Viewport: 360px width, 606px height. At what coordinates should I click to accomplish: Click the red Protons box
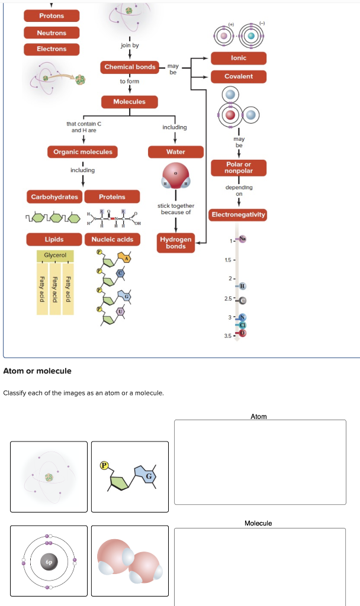pyautogui.click(x=52, y=16)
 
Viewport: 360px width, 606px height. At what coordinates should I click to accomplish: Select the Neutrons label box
pyautogui.click(x=52, y=33)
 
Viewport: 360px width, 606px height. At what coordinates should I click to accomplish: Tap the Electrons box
pyautogui.click(x=52, y=49)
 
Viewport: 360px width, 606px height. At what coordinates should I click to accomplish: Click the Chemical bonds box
pyautogui.click(x=130, y=67)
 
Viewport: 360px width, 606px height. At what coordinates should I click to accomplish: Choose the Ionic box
pyautogui.click(x=239, y=58)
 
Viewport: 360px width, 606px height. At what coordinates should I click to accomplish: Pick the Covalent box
pyautogui.click(x=239, y=76)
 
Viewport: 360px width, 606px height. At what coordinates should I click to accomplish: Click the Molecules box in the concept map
pyautogui.click(x=130, y=102)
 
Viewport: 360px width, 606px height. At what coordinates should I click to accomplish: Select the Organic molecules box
pyautogui.click(x=83, y=152)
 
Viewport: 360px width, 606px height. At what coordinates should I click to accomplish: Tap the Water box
pyautogui.click(x=176, y=152)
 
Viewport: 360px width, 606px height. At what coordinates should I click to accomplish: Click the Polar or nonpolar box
pyautogui.click(x=239, y=167)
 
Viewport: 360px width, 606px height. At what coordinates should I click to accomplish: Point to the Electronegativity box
pyautogui.click(x=239, y=214)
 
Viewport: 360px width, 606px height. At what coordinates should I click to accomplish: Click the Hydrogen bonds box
pyautogui.click(x=176, y=243)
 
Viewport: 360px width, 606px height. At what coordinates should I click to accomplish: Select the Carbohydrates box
pyautogui.click(x=54, y=196)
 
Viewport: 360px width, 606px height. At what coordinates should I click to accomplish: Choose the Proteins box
pyautogui.click(x=112, y=196)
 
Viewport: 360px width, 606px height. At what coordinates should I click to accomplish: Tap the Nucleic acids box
pyautogui.click(x=112, y=239)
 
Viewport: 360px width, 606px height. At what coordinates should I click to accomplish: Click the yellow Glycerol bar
pyautogui.click(x=55, y=256)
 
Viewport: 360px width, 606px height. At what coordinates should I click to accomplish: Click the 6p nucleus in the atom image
pyautogui.click(x=50, y=562)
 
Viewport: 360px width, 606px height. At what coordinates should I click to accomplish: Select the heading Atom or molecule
pyautogui.click(x=37, y=371)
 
